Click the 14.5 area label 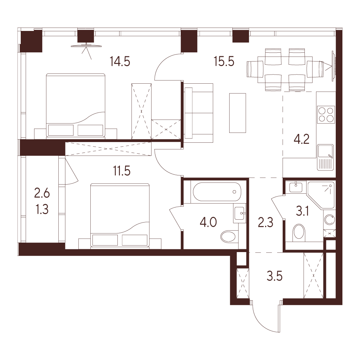click(120, 62)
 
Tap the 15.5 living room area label click(224, 62)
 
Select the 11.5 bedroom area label click(122, 171)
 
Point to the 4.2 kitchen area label click(302, 139)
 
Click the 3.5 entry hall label click(275, 276)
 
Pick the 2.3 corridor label click(266, 223)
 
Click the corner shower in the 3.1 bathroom click(321, 195)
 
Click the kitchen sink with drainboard click(326, 157)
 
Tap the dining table click(285, 70)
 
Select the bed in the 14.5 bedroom click(76, 106)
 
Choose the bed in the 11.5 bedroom click(120, 216)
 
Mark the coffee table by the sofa click(238, 113)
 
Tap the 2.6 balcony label click(42, 193)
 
